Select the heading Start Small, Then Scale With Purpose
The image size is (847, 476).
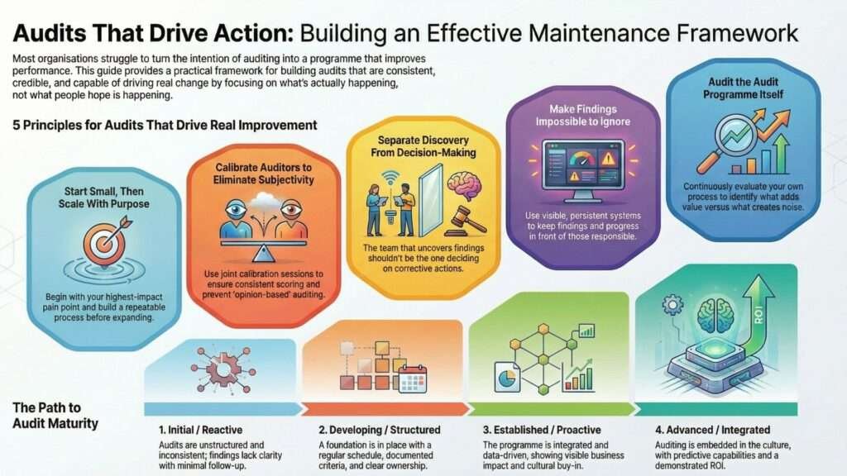click(103, 198)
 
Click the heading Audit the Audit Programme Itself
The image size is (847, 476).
click(735, 88)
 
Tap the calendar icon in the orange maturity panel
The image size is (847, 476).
click(412, 379)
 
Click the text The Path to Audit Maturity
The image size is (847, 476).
click(55, 416)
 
